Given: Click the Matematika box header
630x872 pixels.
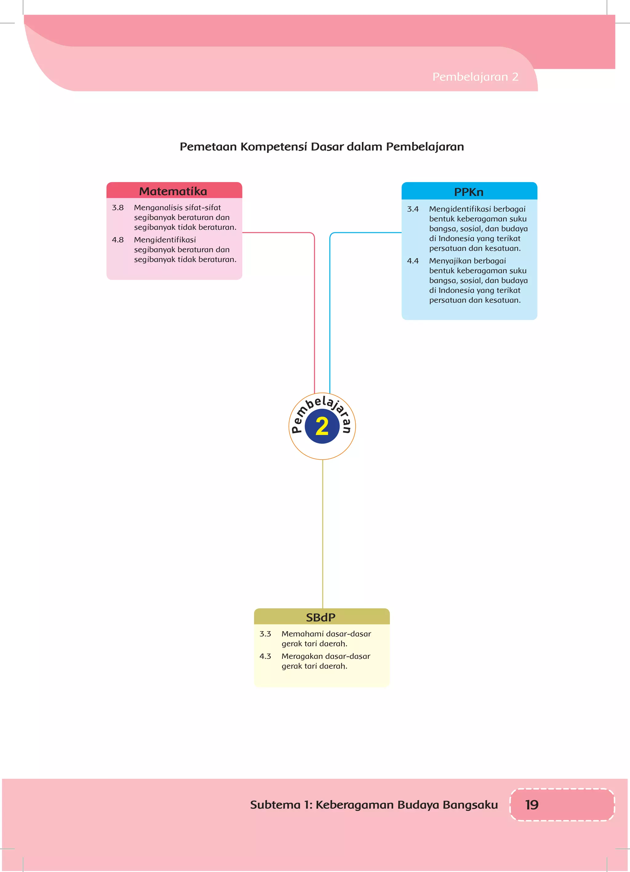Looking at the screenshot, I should (173, 191).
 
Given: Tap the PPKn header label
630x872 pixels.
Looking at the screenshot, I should (469, 192).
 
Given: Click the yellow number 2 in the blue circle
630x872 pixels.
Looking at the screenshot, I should (322, 426).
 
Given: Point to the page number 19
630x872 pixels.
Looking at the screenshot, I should (532, 804).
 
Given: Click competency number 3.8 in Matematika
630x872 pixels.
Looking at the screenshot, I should (118, 208).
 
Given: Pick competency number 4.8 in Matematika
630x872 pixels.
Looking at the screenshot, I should (118, 240).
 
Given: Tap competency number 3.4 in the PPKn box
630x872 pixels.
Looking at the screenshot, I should (413, 209).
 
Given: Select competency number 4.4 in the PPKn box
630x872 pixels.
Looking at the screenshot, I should (413, 261).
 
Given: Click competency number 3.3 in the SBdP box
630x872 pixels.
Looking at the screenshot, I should (265, 634).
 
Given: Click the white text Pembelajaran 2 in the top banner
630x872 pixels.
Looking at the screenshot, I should (475, 77).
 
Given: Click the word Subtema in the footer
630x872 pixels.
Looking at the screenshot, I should (275, 805).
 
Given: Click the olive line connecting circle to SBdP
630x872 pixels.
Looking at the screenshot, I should (323, 535).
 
